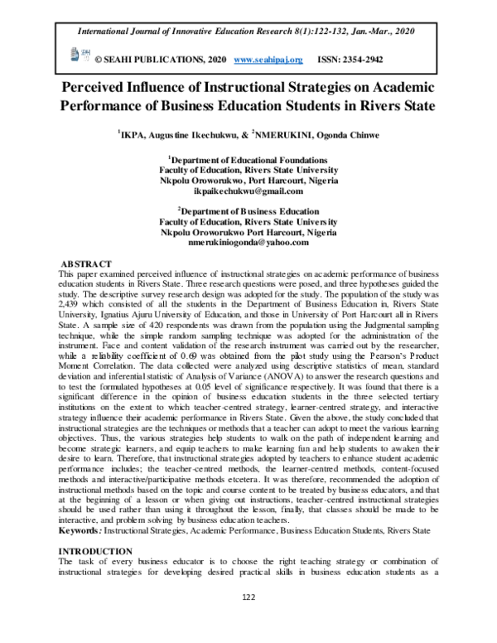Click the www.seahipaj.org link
269,60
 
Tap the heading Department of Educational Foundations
250,158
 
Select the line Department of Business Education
250,212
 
